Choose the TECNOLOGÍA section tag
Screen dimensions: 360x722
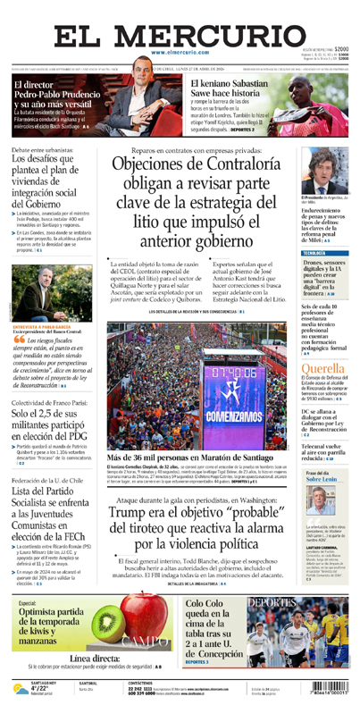click(314, 254)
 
